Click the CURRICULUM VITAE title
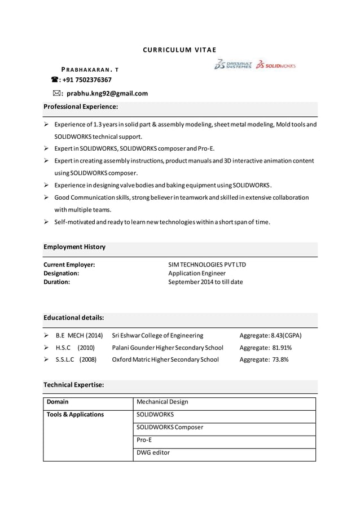tap(179, 50)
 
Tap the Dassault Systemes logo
tap(232, 64)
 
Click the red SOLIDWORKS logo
tap(275, 65)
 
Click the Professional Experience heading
tap(81, 107)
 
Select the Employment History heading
tap(74, 247)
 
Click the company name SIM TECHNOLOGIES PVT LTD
tap(207, 265)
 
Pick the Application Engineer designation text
tap(197, 273)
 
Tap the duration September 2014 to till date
tap(205, 282)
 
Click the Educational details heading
tap(74, 318)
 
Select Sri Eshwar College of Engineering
tap(157, 335)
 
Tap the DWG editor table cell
tap(153, 453)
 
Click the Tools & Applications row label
tap(75, 415)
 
